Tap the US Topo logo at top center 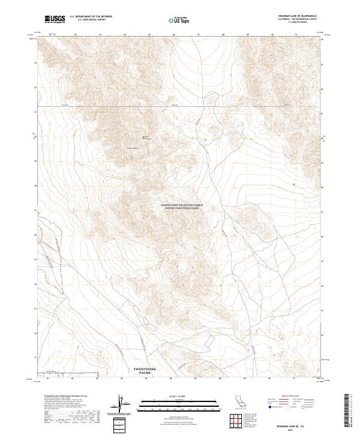179,20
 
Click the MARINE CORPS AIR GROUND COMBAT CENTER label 182,205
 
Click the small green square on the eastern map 293,184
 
